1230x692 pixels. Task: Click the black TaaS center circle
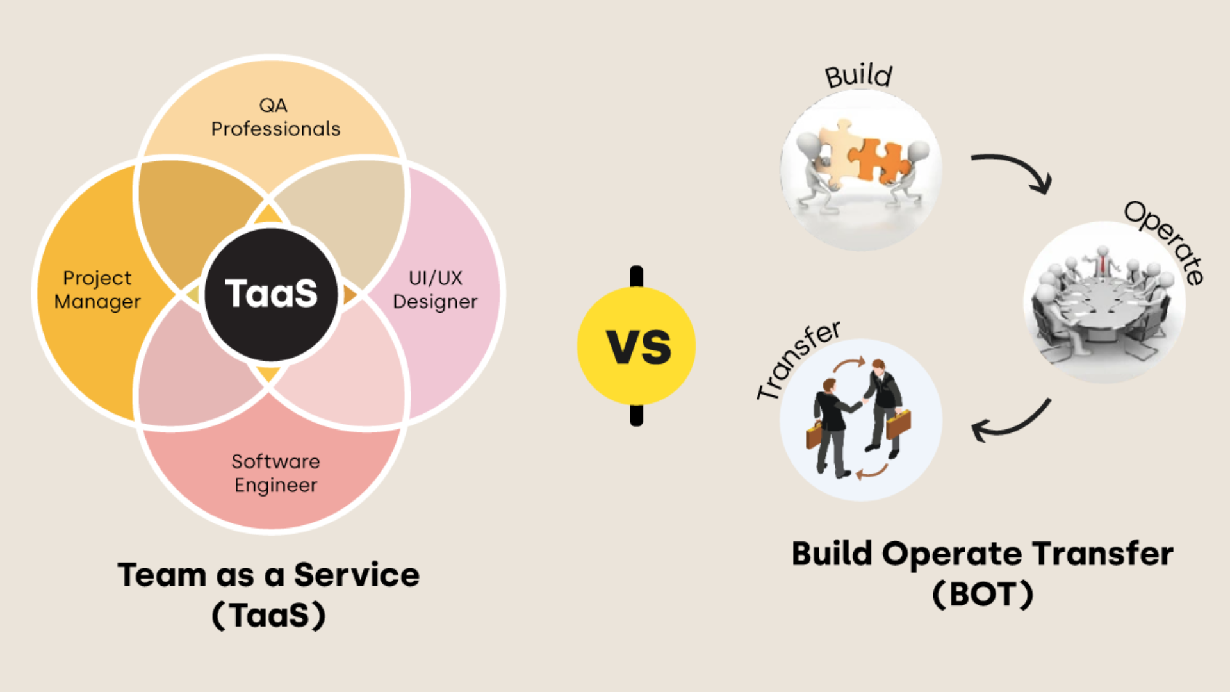tap(271, 293)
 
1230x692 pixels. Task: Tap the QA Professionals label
tap(275, 117)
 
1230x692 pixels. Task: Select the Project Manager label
tap(97, 290)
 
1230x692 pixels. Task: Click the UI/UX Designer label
tap(435, 290)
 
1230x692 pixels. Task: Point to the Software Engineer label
tap(275, 473)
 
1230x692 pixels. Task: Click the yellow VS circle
tap(636, 346)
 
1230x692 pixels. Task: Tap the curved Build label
tap(858, 76)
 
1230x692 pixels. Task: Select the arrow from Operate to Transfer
tap(1012, 423)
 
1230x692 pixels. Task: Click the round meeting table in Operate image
tap(1099, 301)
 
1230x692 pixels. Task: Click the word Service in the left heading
tap(356, 575)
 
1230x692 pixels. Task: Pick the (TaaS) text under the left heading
tap(268, 615)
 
